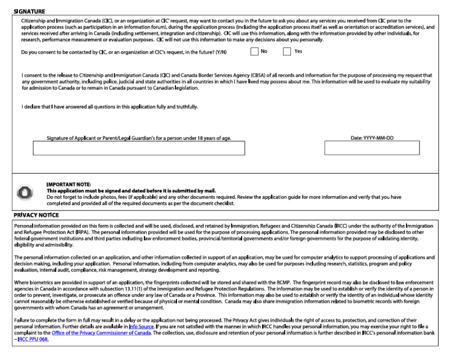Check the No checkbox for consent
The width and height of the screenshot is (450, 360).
coord(254,51)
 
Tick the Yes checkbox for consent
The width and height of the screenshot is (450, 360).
coord(287,51)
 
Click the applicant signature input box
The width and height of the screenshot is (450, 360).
coord(138,148)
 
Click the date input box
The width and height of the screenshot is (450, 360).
coord(371,148)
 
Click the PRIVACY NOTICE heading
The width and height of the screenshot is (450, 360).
coord(36,215)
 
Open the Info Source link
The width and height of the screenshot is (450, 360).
coord(140,326)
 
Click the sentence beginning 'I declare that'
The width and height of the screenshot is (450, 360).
coord(109,106)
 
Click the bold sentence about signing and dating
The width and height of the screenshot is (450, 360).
coord(131,190)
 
